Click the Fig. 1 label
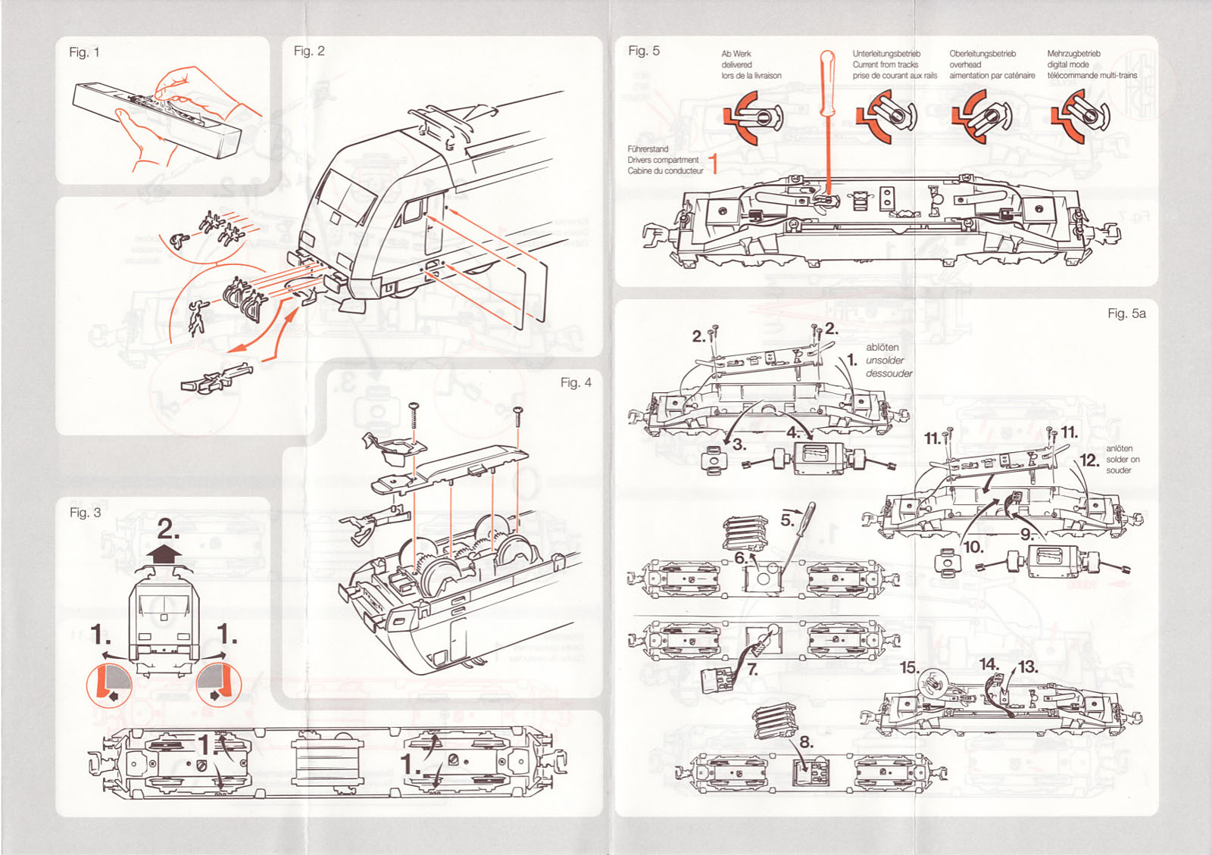pyautogui.click(x=84, y=52)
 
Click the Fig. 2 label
pyautogui.click(x=309, y=51)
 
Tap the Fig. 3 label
pyautogui.click(x=85, y=513)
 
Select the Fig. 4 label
pyautogui.click(x=576, y=382)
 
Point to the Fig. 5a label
pyautogui.click(x=1126, y=313)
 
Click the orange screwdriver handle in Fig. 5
pyautogui.click(x=827, y=80)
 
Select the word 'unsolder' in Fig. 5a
pyautogui.click(x=885, y=360)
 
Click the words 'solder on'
pyautogui.click(x=1123, y=460)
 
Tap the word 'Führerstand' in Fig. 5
pyautogui.click(x=648, y=149)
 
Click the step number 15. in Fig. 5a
pyautogui.click(x=909, y=668)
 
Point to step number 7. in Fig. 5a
pyautogui.click(x=752, y=669)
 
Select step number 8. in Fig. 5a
pyautogui.click(x=807, y=742)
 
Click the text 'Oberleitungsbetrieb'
pyautogui.click(x=982, y=54)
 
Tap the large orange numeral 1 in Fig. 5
pyautogui.click(x=713, y=162)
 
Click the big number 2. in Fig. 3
pyautogui.click(x=168, y=529)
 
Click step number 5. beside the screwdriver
pyautogui.click(x=788, y=520)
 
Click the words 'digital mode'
pyautogui.click(x=1068, y=64)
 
